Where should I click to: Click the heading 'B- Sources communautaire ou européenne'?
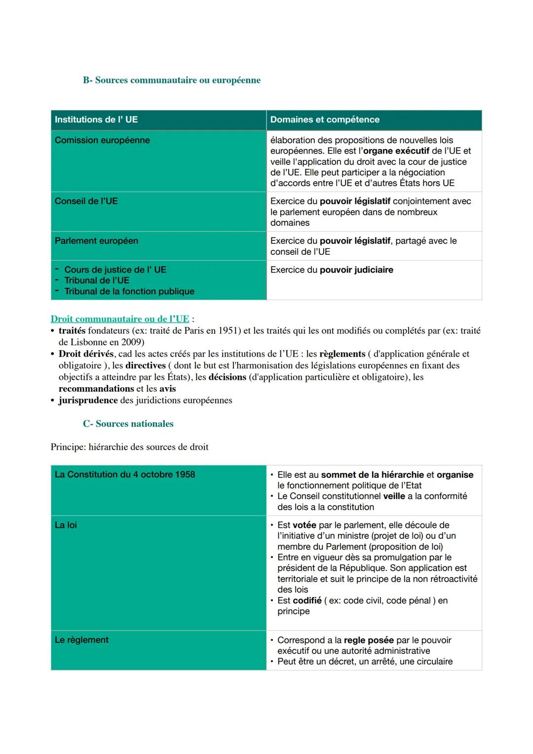point(172,80)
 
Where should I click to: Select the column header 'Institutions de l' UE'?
point(96,119)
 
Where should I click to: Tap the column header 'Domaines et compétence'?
point(325,119)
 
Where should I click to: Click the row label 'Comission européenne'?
point(102,140)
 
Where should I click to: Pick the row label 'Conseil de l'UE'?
point(86,201)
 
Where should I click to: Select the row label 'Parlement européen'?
point(96,241)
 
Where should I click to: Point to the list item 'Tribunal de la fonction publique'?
point(129,291)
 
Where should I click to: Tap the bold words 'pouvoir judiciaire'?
point(356,270)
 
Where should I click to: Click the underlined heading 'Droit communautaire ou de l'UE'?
point(120,319)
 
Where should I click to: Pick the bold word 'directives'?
point(146,365)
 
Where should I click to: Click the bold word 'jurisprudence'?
point(88,400)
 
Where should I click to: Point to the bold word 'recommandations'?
point(96,389)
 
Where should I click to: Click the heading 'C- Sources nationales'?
point(128,424)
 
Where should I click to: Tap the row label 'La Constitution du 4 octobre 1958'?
point(125,475)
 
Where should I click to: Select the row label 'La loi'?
point(66,525)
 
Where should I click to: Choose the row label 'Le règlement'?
point(81,640)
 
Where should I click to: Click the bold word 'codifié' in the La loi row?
point(307,600)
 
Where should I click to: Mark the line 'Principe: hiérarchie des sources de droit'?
point(130,447)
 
